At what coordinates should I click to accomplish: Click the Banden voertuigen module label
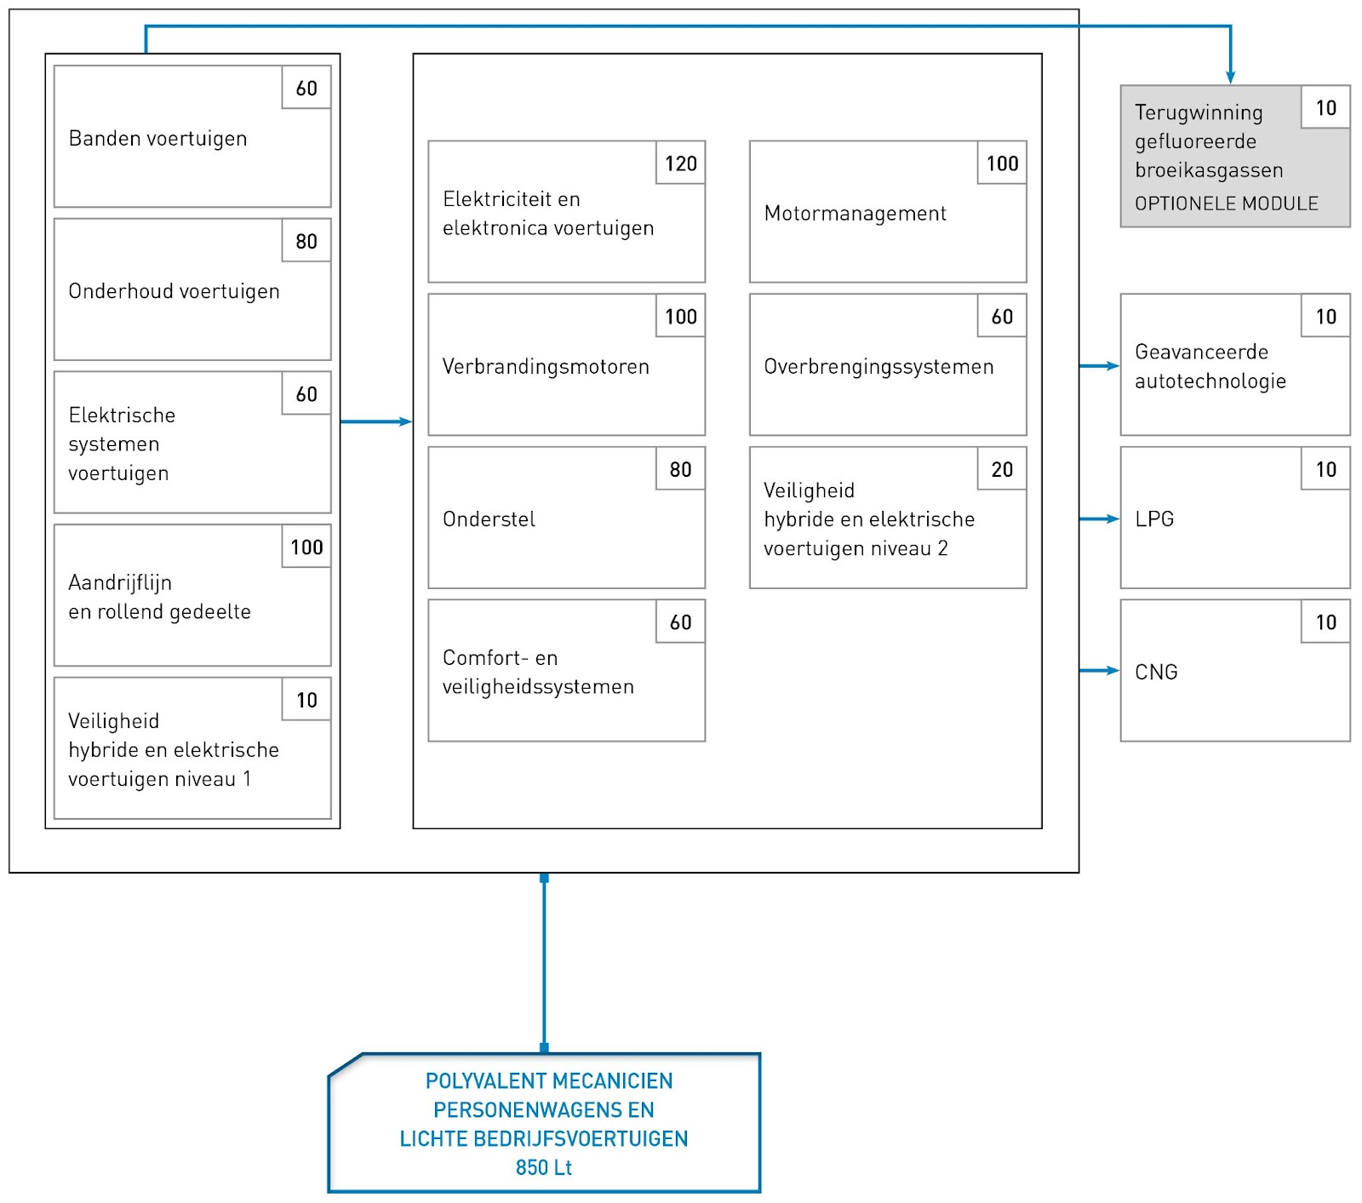click(157, 139)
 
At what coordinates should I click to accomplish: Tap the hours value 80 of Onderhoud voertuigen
click(306, 241)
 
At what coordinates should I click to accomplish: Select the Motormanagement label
click(855, 214)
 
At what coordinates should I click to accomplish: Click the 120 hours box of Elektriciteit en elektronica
click(681, 163)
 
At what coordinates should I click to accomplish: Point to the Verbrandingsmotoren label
click(546, 367)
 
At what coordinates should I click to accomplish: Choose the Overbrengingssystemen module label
click(878, 367)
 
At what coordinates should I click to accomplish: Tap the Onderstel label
click(489, 519)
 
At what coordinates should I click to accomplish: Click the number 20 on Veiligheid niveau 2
click(1002, 469)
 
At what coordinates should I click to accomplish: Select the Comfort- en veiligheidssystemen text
click(538, 673)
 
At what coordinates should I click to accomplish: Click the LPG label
click(1154, 519)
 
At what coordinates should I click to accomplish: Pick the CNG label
click(1156, 673)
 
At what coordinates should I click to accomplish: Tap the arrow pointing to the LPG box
click(1099, 518)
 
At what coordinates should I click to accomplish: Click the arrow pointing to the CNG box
click(1099, 671)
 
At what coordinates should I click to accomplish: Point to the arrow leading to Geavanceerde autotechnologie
click(1099, 366)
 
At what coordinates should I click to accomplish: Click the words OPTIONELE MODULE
click(1226, 203)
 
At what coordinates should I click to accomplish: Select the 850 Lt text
click(544, 1167)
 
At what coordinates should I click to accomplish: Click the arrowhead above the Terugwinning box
click(1230, 77)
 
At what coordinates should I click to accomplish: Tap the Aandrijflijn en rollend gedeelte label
click(159, 597)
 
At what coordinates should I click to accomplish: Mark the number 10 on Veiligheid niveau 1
click(306, 700)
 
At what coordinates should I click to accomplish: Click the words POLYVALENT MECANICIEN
click(549, 1081)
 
